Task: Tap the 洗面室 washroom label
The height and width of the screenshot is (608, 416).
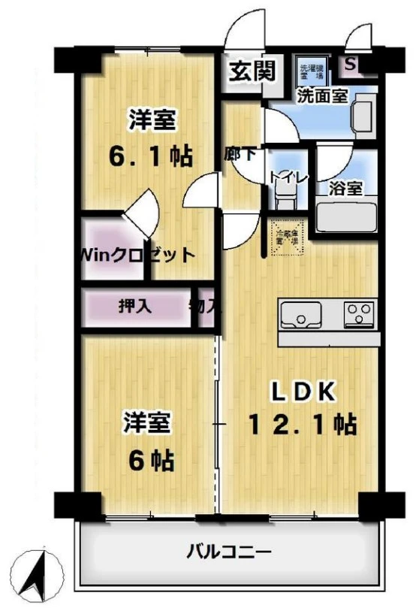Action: (x=321, y=95)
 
